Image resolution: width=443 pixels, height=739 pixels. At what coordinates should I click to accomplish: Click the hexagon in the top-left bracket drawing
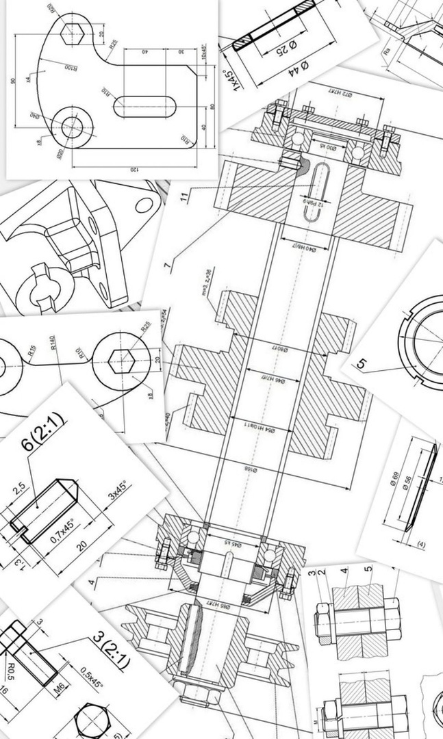(72, 33)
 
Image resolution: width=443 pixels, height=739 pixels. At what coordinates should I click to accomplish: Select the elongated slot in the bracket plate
(144, 107)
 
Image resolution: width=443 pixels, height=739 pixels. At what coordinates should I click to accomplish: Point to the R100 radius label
(71, 68)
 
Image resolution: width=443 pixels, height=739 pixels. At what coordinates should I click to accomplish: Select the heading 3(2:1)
(110, 650)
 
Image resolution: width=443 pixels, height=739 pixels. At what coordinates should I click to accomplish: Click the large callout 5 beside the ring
(361, 363)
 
